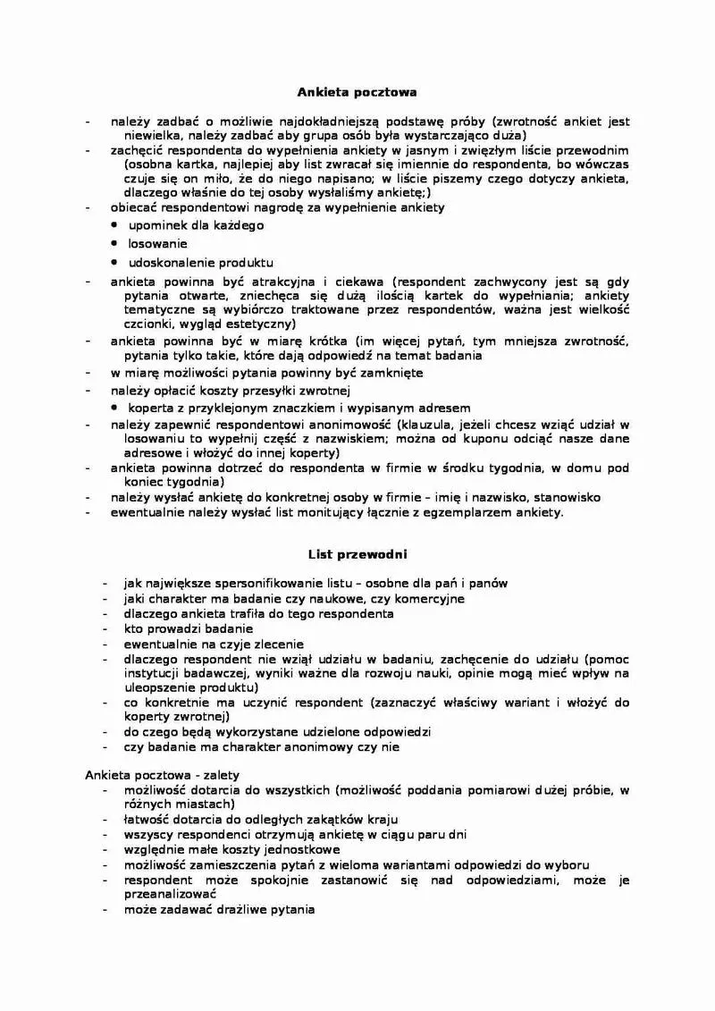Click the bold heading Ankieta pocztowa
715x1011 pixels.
click(x=357, y=91)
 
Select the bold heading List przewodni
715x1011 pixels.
click(x=357, y=554)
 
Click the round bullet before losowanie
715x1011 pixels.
click(x=115, y=243)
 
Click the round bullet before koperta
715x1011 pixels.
click(x=115, y=407)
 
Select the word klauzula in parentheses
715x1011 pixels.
click(x=428, y=424)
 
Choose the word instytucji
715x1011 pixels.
click(x=154, y=673)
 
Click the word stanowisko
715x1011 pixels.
click(x=565, y=497)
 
